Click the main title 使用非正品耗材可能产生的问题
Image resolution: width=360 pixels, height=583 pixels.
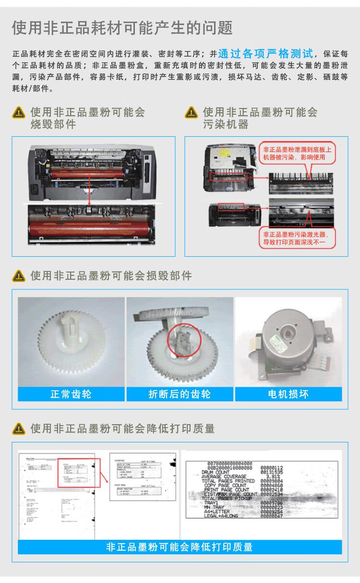pyautogui.click(x=122, y=28)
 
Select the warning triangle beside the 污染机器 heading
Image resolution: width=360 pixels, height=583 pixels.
pyautogui.click(x=191, y=113)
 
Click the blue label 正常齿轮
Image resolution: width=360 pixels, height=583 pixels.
pyautogui.click(x=71, y=394)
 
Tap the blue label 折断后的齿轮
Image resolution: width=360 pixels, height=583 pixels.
pyautogui.click(x=180, y=394)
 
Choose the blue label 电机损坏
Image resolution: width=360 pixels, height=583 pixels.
pyautogui.click(x=288, y=394)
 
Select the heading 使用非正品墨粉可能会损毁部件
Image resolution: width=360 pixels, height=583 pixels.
pyautogui.click(x=111, y=276)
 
